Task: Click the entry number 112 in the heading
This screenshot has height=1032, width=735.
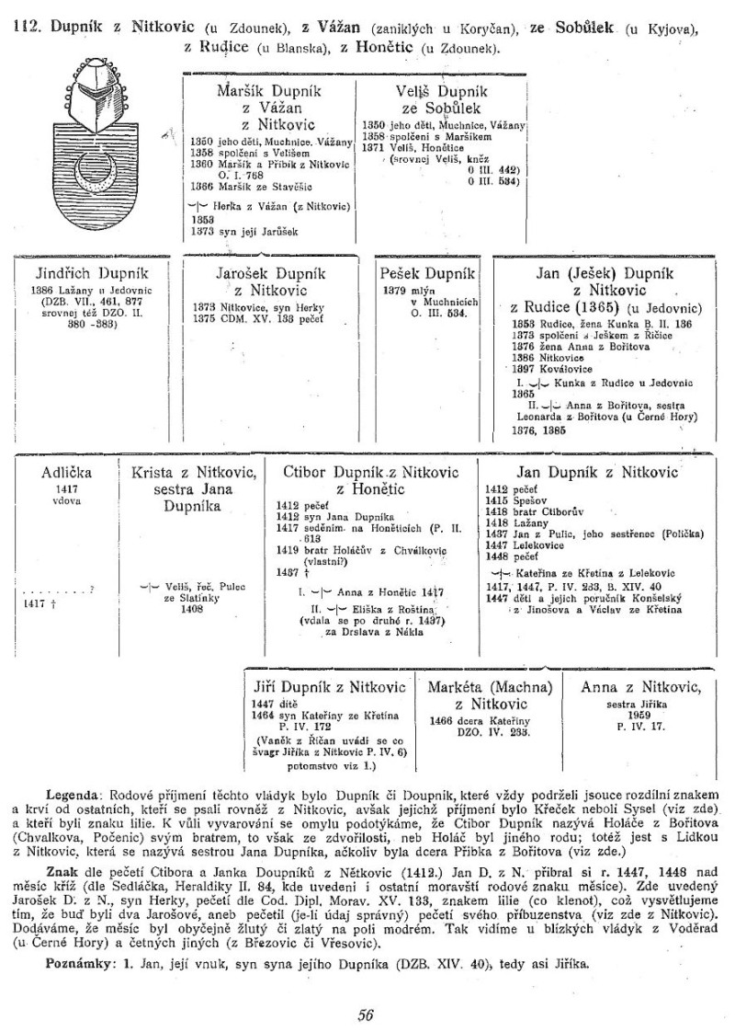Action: click(27, 28)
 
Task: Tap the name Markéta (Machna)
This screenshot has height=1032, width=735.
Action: click(496, 688)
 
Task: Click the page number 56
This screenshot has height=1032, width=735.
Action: click(366, 1015)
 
